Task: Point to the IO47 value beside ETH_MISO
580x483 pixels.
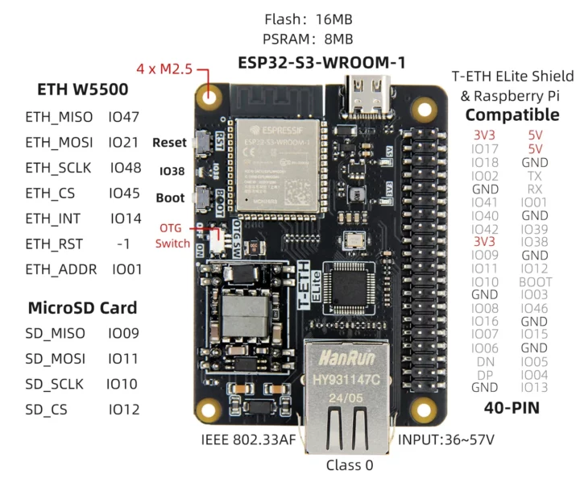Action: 124,117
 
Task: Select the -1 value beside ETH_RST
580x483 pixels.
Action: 123,244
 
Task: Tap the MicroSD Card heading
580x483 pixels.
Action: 82,307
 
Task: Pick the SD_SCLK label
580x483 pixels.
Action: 54,384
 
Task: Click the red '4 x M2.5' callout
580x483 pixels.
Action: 164,69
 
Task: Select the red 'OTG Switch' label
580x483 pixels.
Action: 172,235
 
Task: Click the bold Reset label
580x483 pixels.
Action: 169,143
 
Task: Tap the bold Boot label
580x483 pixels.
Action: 170,198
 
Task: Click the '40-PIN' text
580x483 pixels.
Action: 512,408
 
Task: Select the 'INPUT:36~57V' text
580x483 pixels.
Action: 445,440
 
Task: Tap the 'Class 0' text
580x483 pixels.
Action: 349,465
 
